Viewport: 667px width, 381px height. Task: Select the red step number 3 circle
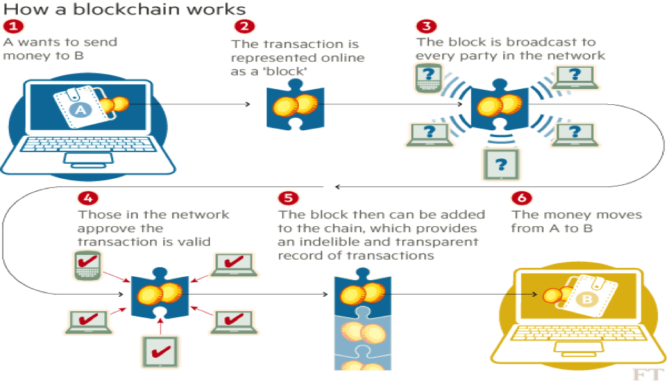(426, 26)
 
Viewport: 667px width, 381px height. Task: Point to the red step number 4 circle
(87, 197)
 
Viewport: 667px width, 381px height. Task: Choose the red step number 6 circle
(522, 197)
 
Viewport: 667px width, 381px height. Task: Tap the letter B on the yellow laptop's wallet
(587, 299)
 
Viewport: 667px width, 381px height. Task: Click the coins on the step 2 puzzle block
(294, 105)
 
